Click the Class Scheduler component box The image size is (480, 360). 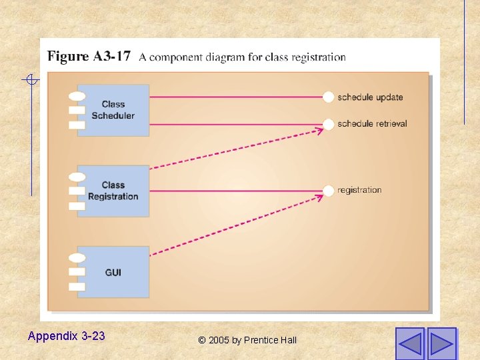[x=113, y=110]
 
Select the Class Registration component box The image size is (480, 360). [x=113, y=191]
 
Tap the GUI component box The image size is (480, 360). [x=113, y=272]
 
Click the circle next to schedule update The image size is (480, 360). [x=328, y=97]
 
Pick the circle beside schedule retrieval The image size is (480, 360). [x=328, y=124]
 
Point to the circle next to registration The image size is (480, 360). [x=328, y=191]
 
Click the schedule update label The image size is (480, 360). [x=370, y=97]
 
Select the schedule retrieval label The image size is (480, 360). [x=372, y=124]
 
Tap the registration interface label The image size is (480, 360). [x=359, y=191]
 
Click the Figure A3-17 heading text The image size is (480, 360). [x=89, y=56]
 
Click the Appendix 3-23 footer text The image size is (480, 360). [x=66, y=336]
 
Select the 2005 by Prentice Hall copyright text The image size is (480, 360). [x=247, y=340]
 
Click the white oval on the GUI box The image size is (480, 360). [x=77, y=258]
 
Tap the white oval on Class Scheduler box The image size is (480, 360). [x=77, y=97]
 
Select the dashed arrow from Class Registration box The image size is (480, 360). [x=233, y=149]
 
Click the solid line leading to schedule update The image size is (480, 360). [x=233, y=97]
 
